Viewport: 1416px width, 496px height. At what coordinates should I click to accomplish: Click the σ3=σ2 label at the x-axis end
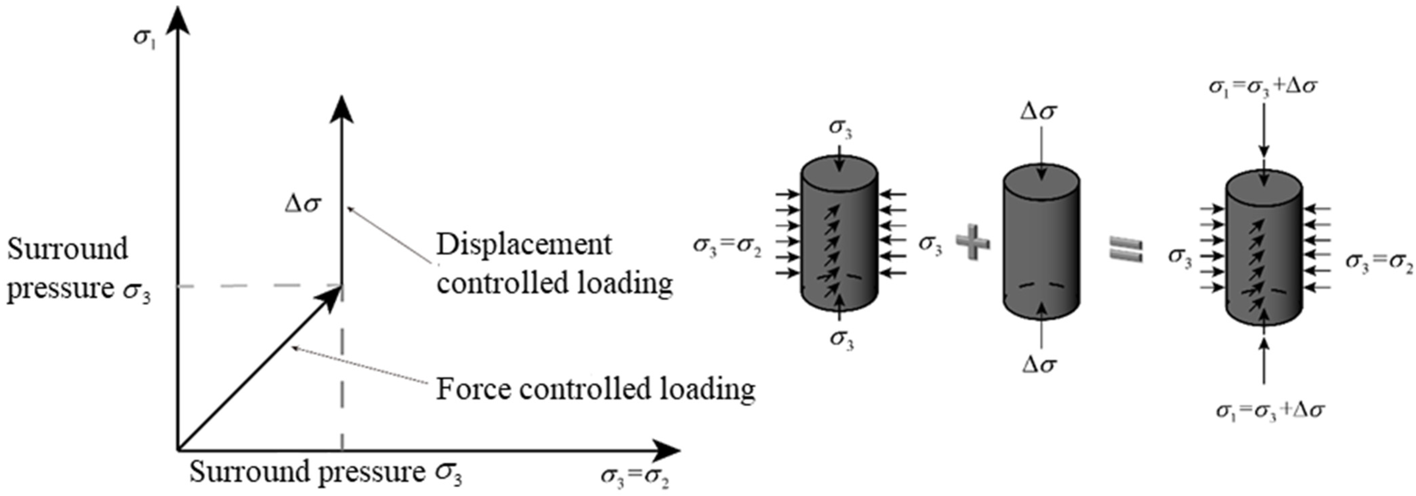[635, 476]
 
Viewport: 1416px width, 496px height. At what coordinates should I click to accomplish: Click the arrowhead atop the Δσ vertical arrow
[342, 110]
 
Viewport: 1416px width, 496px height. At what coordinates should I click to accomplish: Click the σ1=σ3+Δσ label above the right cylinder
[1263, 87]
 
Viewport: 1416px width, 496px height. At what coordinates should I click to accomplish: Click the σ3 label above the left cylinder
[841, 127]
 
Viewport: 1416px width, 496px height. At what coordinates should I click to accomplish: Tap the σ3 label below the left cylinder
[841, 339]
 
